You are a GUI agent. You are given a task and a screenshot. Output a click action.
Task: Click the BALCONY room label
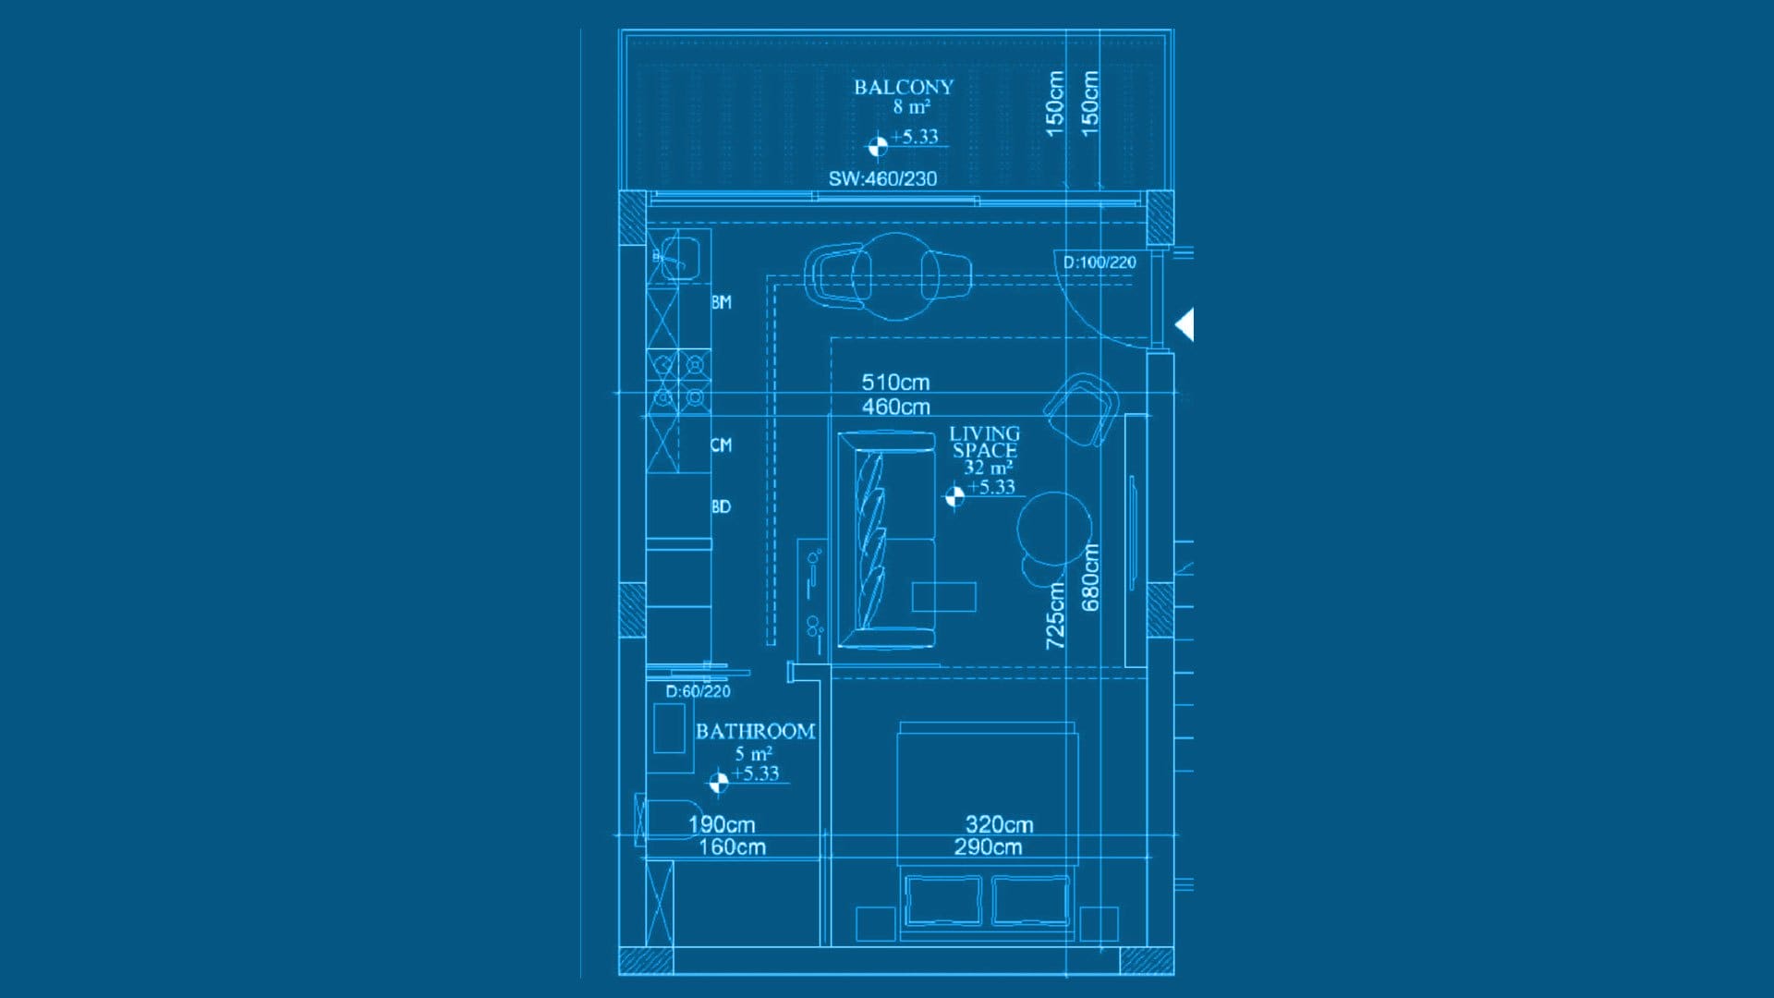tap(903, 87)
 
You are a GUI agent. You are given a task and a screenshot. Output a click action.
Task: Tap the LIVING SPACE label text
tap(985, 442)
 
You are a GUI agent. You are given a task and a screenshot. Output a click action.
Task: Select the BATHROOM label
tap(755, 731)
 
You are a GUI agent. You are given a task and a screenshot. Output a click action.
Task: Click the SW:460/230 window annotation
tap(882, 178)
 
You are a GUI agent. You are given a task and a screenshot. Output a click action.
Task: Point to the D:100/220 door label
tap(1100, 262)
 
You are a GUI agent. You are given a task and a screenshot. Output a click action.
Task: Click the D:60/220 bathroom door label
tap(698, 691)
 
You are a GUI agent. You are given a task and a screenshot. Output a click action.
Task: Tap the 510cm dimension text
tap(895, 382)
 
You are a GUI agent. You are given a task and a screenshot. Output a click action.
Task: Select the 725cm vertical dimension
tap(1055, 615)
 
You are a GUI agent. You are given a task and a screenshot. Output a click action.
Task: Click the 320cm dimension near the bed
tap(999, 824)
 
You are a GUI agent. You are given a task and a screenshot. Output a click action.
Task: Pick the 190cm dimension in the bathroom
tap(722, 824)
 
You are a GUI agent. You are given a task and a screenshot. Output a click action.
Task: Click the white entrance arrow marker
tap(1185, 324)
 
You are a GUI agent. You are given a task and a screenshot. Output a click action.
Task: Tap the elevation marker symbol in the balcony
tap(877, 146)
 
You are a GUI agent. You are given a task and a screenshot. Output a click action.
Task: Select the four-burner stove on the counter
tap(679, 381)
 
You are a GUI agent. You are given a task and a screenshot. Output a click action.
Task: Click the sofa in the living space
tap(887, 540)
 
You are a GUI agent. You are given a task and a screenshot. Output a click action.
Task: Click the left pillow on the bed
tap(943, 900)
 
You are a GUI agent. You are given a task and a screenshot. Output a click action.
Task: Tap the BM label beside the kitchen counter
tap(722, 302)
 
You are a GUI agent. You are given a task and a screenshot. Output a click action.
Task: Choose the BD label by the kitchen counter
tap(721, 506)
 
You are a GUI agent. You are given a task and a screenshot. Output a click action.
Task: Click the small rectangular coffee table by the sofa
tap(943, 597)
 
